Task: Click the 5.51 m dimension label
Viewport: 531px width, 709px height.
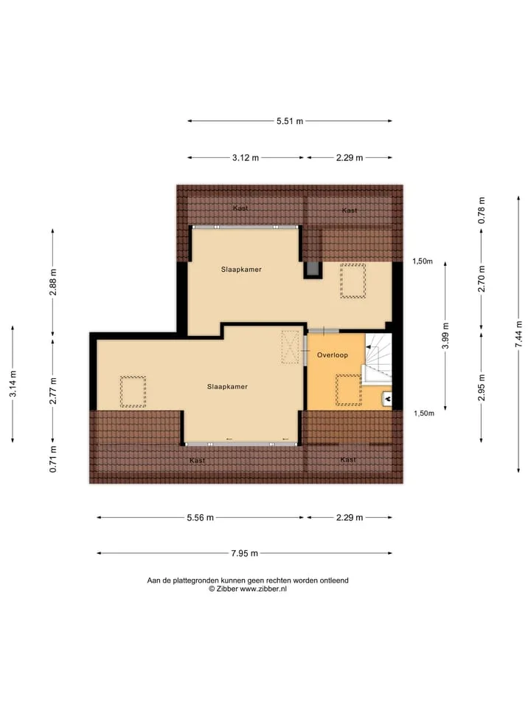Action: pyautogui.click(x=290, y=121)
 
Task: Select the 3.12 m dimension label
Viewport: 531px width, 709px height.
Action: pyautogui.click(x=246, y=158)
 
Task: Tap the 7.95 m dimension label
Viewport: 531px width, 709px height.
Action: pyautogui.click(x=244, y=553)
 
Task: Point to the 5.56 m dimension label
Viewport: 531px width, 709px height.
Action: pyautogui.click(x=200, y=518)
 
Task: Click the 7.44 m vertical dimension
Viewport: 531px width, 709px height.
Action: pyautogui.click(x=518, y=334)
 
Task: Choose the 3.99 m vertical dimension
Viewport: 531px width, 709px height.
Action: pyautogui.click(x=445, y=335)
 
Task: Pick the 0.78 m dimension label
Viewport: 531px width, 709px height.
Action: pyautogui.click(x=482, y=210)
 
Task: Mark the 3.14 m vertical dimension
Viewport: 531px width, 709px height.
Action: pyautogui.click(x=13, y=384)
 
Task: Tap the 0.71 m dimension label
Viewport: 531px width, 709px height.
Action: pyautogui.click(x=53, y=459)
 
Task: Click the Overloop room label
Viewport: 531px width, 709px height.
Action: pyautogui.click(x=333, y=355)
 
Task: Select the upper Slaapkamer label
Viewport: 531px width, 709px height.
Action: pyautogui.click(x=241, y=270)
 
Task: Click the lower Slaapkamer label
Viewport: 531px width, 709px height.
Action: pyautogui.click(x=227, y=386)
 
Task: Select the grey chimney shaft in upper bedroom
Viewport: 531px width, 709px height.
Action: pyautogui.click(x=313, y=270)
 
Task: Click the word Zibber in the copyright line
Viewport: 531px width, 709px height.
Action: pyautogui.click(x=227, y=589)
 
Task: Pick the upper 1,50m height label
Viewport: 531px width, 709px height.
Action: pyautogui.click(x=422, y=261)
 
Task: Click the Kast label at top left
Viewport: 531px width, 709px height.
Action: pyautogui.click(x=240, y=208)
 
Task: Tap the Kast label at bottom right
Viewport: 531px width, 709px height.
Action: pyautogui.click(x=348, y=459)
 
